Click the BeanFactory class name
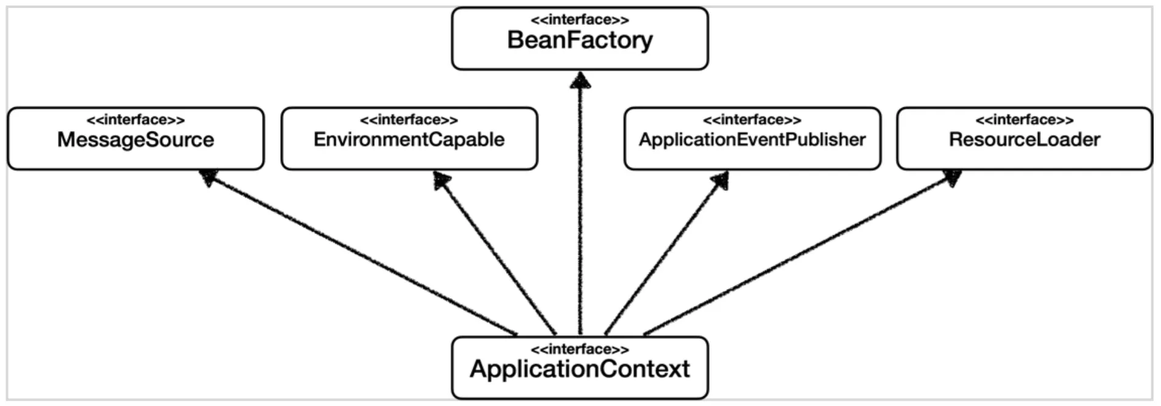pyautogui.click(x=580, y=40)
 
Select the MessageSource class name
pyautogui.click(x=136, y=140)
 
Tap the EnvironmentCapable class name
pyautogui.click(x=409, y=140)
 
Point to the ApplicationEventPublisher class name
pyautogui.click(x=752, y=140)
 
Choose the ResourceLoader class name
pyautogui.click(x=1025, y=140)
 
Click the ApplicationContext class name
pyautogui.click(x=580, y=369)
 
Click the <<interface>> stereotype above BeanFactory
pyautogui.click(x=580, y=20)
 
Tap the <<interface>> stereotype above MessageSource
pyautogui.click(x=136, y=120)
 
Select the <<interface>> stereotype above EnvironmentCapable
pyautogui.click(x=409, y=120)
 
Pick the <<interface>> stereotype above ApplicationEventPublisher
pyautogui.click(x=752, y=120)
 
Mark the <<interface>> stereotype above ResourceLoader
pyautogui.click(x=1025, y=120)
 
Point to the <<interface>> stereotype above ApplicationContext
pyautogui.click(x=580, y=350)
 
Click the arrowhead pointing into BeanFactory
pyautogui.click(x=580, y=80)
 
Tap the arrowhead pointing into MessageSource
pyautogui.click(x=209, y=177)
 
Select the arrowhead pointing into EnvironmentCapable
pyautogui.click(x=442, y=180)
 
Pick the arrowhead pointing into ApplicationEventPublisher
pyautogui.click(x=720, y=180)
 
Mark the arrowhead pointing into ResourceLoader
pyautogui.click(x=952, y=178)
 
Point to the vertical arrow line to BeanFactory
pyautogui.click(x=580, y=204)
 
